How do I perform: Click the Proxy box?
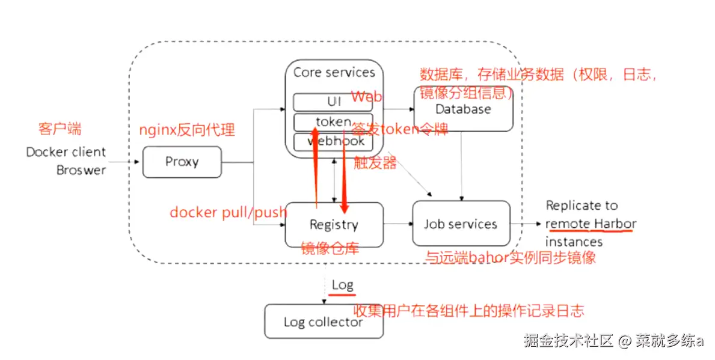[x=182, y=162]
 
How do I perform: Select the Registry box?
[x=334, y=225]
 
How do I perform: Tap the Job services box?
[x=461, y=224]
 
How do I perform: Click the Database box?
[x=463, y=109]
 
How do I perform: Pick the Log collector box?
[x=324, y=322]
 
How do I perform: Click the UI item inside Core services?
[x=333, y=102]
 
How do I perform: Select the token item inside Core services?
[x=333, y=122]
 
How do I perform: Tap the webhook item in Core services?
[x=333, y=142]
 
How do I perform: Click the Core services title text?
[x=334, y=73]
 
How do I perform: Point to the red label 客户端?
[x=60, y=129]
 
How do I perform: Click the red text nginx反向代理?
[x=187, y=129]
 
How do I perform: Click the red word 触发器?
[x=375, y=163]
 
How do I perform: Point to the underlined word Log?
[x=342, y=285]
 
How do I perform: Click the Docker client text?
[x=66, y=152]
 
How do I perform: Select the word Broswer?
[x=81, y=170]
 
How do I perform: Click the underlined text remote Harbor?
[x=591, y=224]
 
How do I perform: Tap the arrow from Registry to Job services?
[x=397, y=224]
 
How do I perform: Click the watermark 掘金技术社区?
[x=568, y=341]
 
